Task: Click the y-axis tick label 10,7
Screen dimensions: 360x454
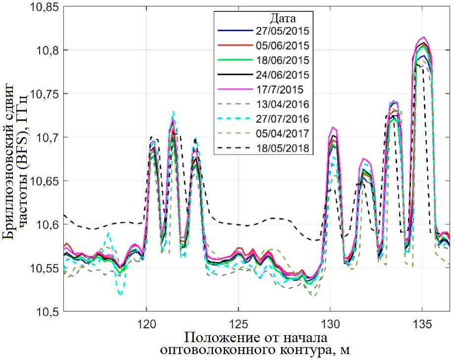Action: click(49, 137)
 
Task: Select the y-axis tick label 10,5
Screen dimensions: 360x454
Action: click(49, 311)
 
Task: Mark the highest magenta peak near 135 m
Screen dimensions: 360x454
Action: click(423, 37)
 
